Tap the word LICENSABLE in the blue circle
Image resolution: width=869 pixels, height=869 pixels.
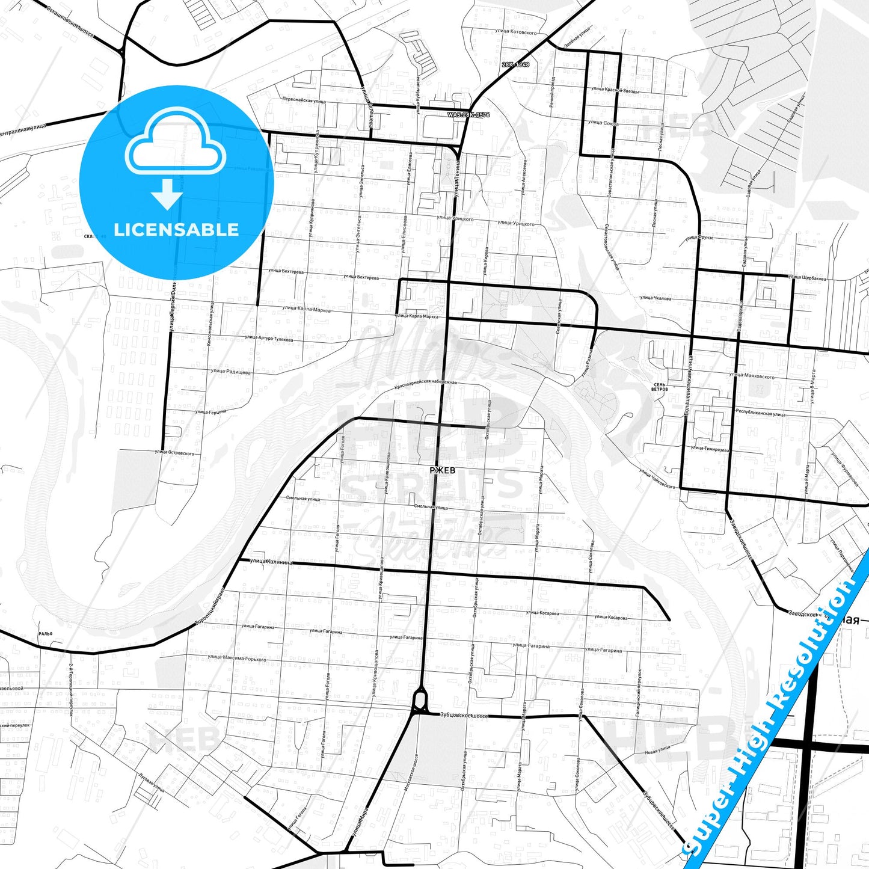176,230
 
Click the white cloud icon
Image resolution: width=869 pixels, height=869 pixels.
175,146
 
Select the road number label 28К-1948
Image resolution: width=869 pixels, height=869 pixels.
515,64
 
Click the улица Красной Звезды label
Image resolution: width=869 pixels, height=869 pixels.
615,90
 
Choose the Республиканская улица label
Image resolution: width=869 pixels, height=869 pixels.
761,413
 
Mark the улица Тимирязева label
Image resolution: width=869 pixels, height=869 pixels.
710,449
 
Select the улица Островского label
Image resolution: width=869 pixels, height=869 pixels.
174,452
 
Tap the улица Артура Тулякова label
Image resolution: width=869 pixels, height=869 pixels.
269,339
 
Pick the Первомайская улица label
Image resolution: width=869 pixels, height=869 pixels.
304,100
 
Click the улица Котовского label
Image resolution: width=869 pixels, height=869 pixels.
514,32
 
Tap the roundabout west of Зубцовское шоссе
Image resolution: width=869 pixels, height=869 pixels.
420,701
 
